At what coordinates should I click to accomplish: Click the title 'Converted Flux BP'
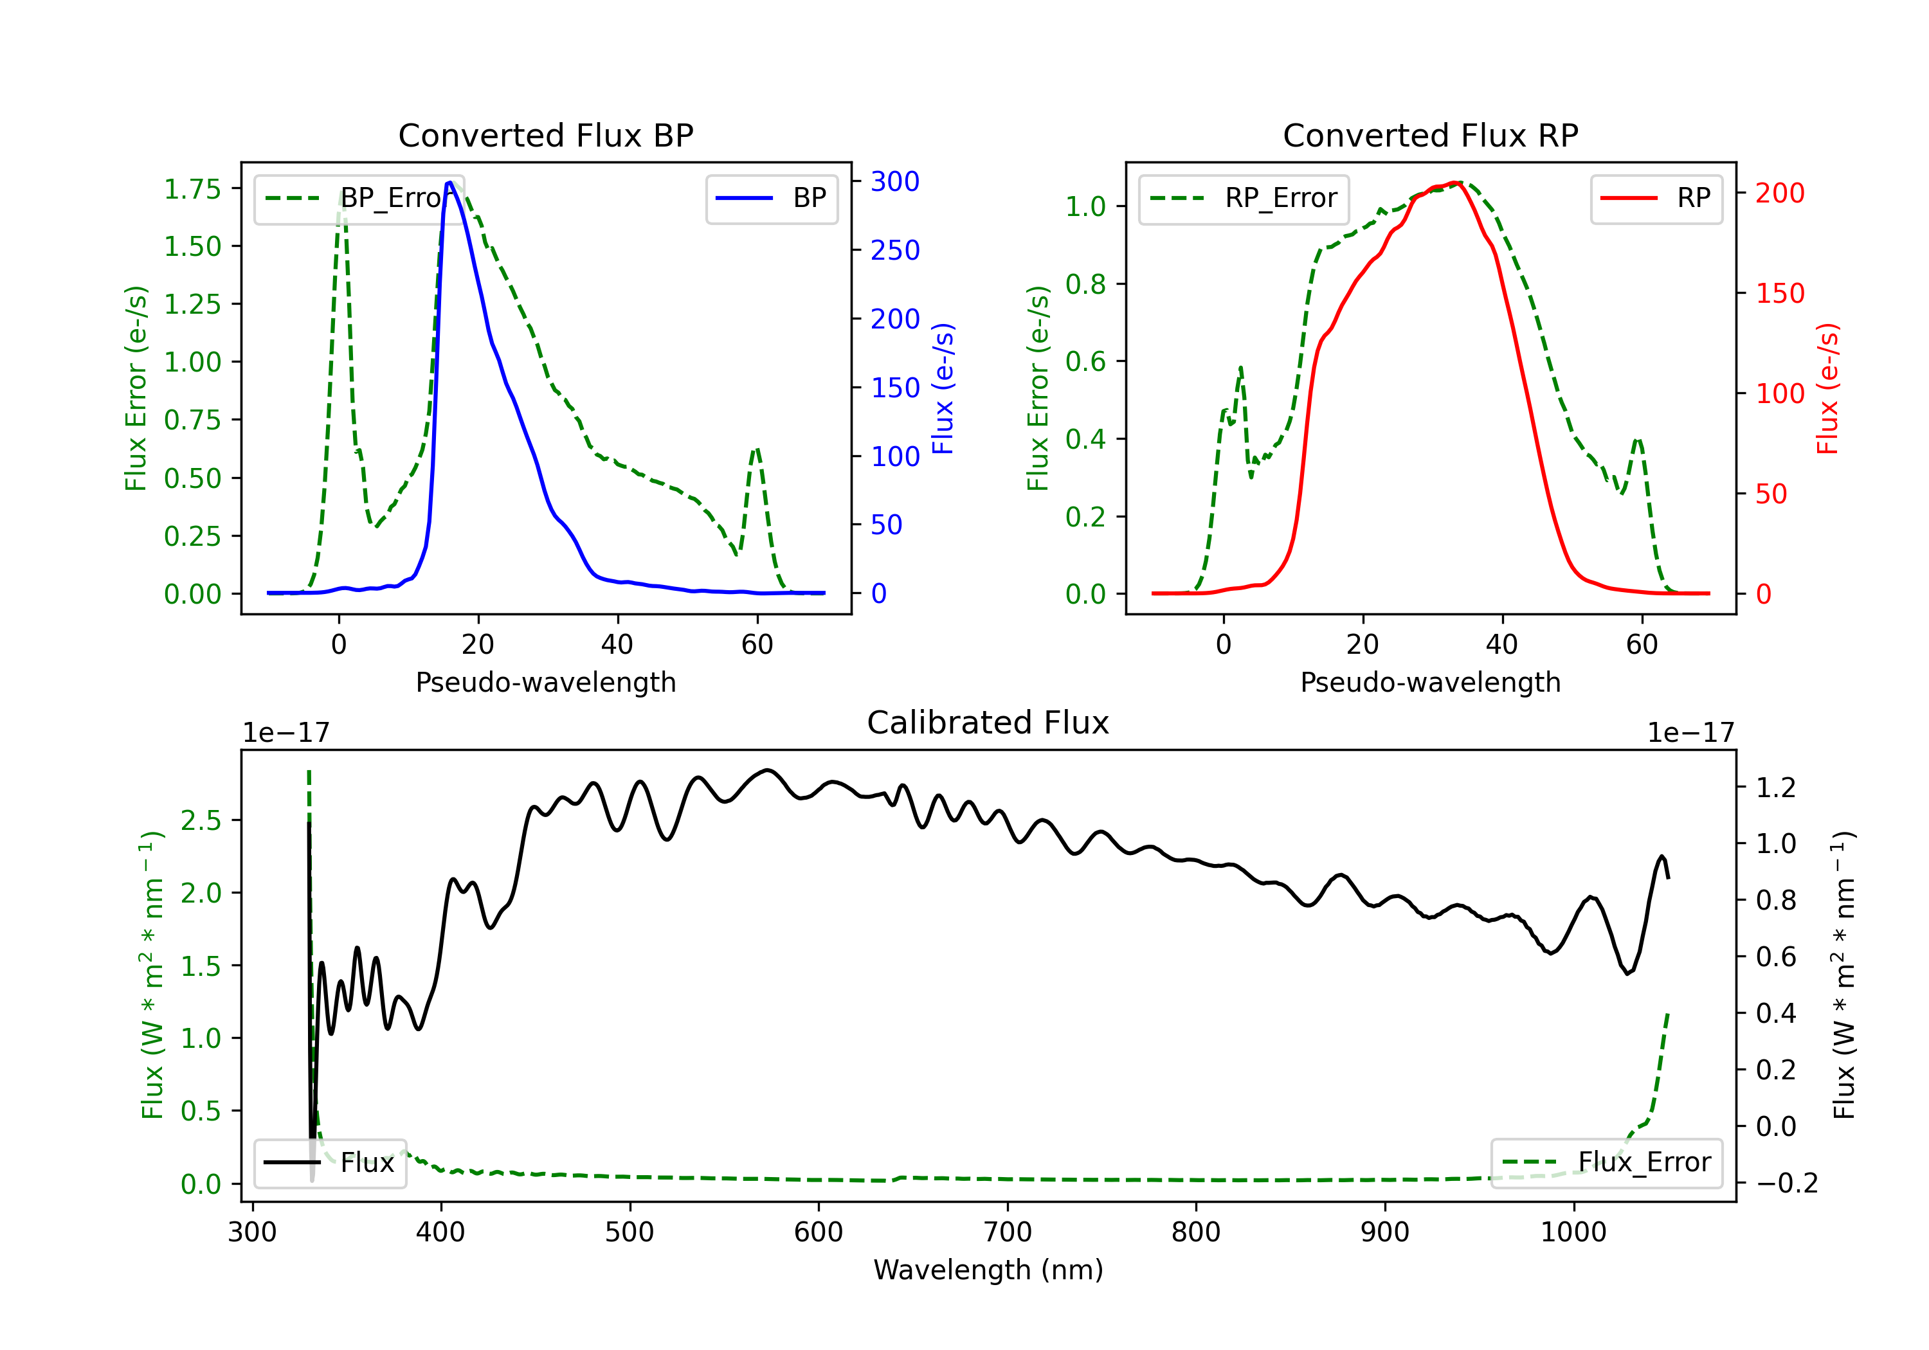[x=545, y=135]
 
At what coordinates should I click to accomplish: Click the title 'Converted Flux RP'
[x=1430, y=135]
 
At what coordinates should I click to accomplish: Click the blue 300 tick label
[x=895, y=181]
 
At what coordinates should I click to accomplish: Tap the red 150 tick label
[x=1779, y=293]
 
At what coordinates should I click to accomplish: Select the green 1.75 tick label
[x=192, y=189]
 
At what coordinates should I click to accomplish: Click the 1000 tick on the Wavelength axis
[x=1573, y=1232]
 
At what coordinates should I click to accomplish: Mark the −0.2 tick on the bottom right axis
[x=1786, y=1183]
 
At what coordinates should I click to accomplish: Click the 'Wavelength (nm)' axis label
[x=988, y=1270]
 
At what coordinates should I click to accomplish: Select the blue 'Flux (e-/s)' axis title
[x=943, y=388]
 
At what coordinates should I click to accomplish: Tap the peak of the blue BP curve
[x=449, y=183]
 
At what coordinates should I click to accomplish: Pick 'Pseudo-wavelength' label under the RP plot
[x=1430, y=682]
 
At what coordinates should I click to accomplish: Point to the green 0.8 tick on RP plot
[x=1085, y=284]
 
